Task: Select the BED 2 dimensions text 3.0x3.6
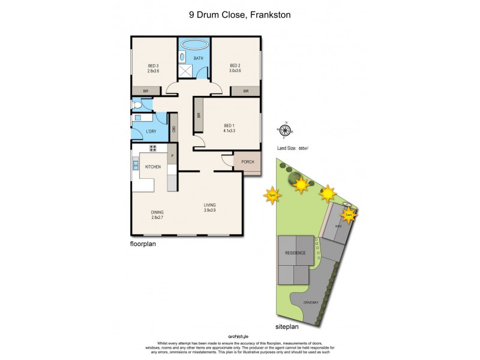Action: pyautogui.click(x=235, y=71)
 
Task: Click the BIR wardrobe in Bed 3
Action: pyautogui.click(x=146, y=91)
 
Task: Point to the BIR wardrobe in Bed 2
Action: pyautogui.click(x=246, y=91)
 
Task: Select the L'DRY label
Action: pyautogui.click(x=151, y=131)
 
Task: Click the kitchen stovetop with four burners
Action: pyautogui.click(x=153, y=148)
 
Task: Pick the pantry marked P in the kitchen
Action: pyautogui.click(x=173, y=157)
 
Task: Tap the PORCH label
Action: pyautogui.click(x=247, y=162)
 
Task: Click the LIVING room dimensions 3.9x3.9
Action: pyautogui.click(x=209, y=211)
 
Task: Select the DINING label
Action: pyautogui.click(x=158, y=212)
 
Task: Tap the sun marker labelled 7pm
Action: pyautogui.click(x=272, y=195)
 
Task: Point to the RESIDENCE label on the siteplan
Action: pyautogui.click(x=295, y=253)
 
